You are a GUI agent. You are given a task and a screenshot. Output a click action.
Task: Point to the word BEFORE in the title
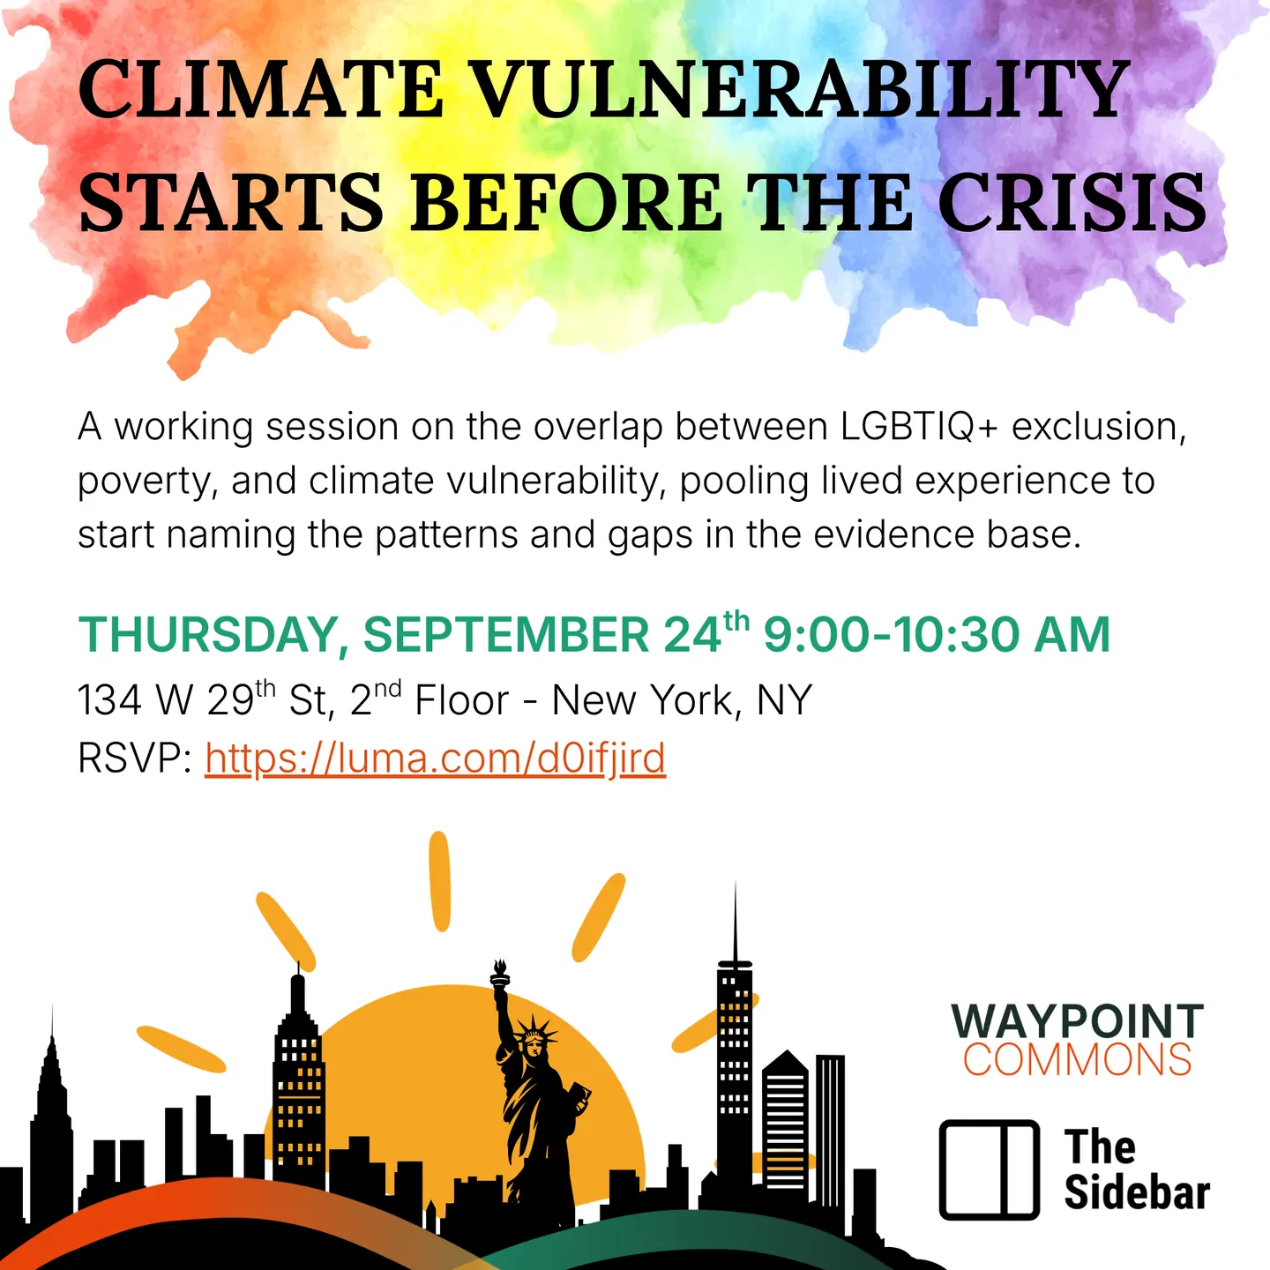(568, 201)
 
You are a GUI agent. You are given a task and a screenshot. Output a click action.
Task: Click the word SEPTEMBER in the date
(506, 635)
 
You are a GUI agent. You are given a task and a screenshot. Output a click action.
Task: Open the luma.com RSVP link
(435, 758)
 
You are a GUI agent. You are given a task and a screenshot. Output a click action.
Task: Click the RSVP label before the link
(134, 758)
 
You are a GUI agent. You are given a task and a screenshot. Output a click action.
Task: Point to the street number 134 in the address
(109, 700)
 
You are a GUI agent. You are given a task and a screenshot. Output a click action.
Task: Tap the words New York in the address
(643, 700)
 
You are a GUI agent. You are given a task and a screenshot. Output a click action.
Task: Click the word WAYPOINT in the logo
(1078, 1022)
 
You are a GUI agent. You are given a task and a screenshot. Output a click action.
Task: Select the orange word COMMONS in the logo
(1078, 1059)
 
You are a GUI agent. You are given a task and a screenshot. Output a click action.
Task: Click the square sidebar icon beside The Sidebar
(990, 1169)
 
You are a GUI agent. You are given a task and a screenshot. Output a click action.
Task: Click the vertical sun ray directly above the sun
(439, 881)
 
